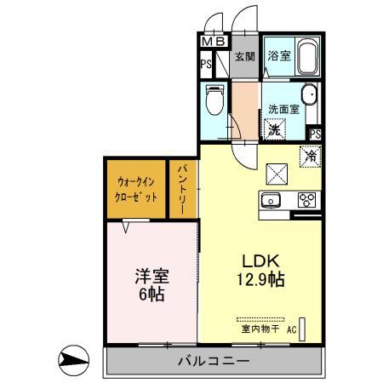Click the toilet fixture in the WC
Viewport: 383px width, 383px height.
pyautogui.click(x=214, y=100)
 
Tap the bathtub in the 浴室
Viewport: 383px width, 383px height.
pyautogui.click(x=307, y=57)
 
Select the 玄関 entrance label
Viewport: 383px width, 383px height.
pyautogui.click(x=245, y=58)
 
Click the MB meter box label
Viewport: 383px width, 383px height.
pyautogui.click(x=213, y=41)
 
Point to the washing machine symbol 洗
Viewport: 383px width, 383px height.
pyautogui.click(x=275, y=130)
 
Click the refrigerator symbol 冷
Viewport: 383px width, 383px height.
pyautogui.click(x=310, y=156)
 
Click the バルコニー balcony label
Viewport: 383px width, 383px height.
pyautogui.click(x=213, y=361)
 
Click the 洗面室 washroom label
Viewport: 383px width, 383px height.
pyautogui.click(x=283, y=109)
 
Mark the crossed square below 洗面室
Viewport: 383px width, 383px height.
pyautogui.click(x=277, y=173)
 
